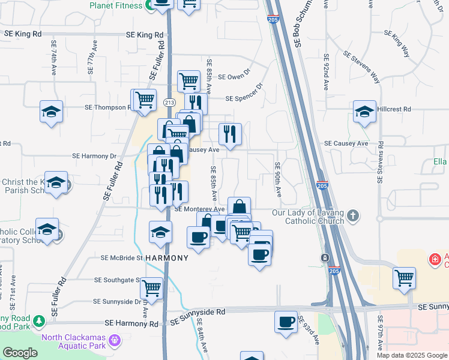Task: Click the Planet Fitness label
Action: coord(116,5)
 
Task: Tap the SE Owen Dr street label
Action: coord(234,77)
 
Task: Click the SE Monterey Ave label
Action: coord(199,209)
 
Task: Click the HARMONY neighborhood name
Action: coord(167,258)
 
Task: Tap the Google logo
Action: coord(20,353)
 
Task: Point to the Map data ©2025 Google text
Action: coord(411,355)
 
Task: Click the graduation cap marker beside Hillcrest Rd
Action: coord(364,112)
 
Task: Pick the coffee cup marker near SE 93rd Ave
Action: coord(286,322)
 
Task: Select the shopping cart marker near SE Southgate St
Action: coord(152,287)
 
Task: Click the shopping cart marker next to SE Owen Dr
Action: coord(188,80)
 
